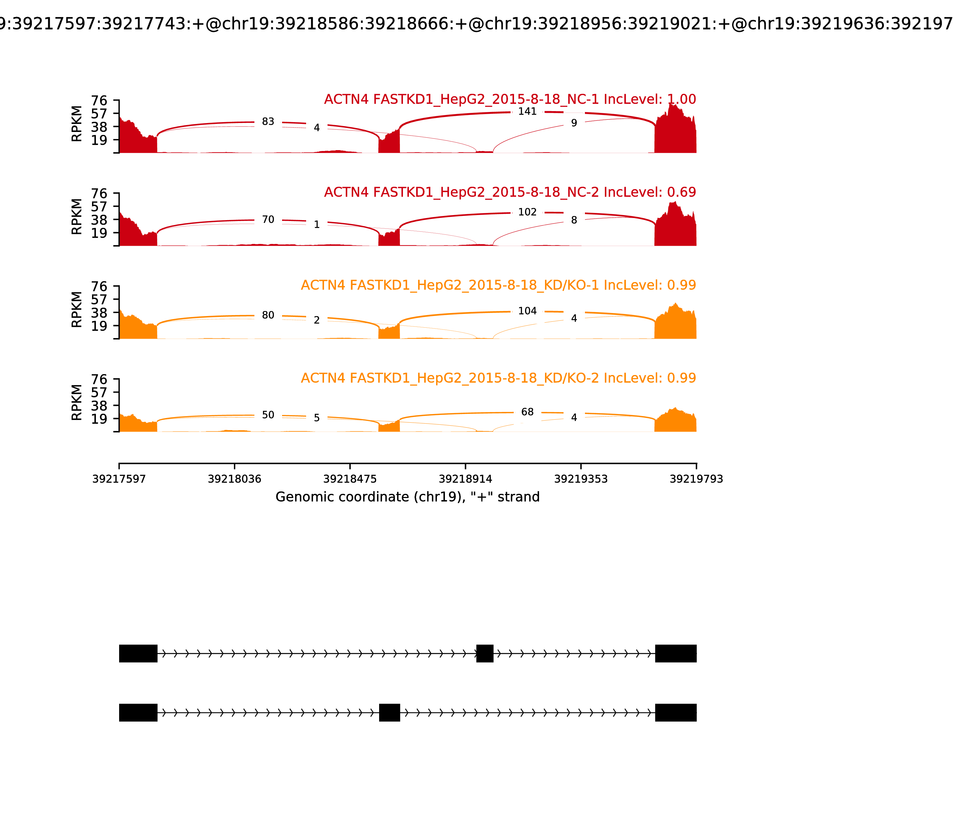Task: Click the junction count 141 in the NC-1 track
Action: pos(527,112)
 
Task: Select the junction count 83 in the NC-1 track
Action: pos(268,122)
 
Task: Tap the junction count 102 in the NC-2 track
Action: pos(527,212)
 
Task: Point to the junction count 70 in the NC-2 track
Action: pos(268,220)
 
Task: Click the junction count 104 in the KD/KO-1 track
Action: pos(527,311)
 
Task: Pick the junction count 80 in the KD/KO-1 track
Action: pos(268,315)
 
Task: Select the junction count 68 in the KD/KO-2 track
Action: pos(527,412)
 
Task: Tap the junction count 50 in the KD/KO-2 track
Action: pos(268,415)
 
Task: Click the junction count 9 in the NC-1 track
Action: pos(574,123)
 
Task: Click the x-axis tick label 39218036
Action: pos(235,479)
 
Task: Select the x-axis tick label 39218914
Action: pos(465,479)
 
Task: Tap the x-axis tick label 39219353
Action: pos(581,479)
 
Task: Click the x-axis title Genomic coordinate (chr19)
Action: pos(408,497)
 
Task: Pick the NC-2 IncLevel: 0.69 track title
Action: pos(510,192)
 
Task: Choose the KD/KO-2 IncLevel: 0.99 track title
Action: pos(498,378)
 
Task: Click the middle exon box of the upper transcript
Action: pos(485,653)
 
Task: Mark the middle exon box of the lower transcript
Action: pos(390,712)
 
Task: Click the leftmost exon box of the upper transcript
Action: pos(138,653)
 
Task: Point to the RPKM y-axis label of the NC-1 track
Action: pos(77,124)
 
